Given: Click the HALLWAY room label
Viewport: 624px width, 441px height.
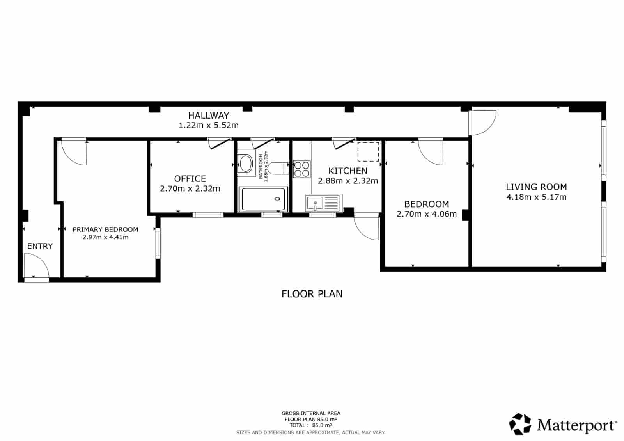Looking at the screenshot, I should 208,116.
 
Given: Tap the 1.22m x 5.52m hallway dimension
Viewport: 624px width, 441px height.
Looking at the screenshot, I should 208,125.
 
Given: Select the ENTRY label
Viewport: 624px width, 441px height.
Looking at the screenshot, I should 40,246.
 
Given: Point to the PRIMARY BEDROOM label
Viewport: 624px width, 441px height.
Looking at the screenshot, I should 105,229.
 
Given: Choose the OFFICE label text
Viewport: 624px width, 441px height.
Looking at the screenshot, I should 190,179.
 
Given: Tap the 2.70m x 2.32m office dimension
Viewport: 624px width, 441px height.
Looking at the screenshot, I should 190,188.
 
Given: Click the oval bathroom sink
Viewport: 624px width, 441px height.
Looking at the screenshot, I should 245,163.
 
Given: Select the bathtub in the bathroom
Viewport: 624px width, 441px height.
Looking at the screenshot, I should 263,199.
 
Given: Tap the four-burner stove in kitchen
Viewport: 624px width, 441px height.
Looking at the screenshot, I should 301,169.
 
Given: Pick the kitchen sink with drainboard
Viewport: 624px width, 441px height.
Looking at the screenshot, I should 323,203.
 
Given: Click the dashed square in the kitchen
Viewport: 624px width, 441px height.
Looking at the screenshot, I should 368,152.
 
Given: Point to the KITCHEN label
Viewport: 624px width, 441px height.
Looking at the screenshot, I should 347,171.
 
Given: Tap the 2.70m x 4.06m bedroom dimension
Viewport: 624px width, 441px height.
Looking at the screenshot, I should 426,214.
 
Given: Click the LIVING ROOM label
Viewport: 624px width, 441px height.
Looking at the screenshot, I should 536,187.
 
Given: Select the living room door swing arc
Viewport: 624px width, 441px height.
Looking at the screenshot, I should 484,123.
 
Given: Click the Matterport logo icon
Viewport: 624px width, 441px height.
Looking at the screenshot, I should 521,424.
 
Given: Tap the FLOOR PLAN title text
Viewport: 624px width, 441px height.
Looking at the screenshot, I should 312,294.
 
